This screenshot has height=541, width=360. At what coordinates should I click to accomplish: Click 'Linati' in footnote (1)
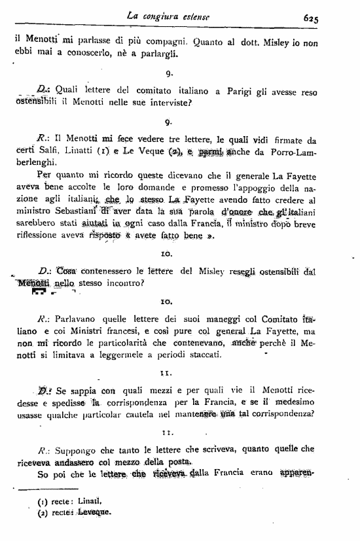(x=89, y=502)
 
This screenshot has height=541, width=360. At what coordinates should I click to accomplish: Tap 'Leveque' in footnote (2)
(x=91, y=512)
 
